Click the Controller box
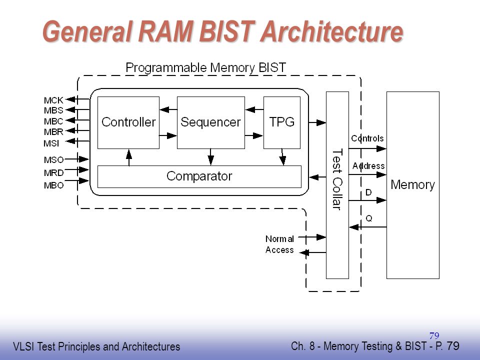click(x=128, y=123)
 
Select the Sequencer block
click(x=211, y=123)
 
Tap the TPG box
click(x=282, y=123)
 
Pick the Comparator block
click(x=199, y=176)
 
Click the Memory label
click(x=412, y=185)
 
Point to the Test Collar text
click(x=337, y=179)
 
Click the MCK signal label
click(x=53, y=100)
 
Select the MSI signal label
click(x=51, y=143)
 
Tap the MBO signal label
click(x=54, y=185)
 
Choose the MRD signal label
click(x=54, y=173)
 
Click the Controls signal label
click(x=367, y=138)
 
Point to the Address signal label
click(x=368, y=166)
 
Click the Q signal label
click(x=369, y=218)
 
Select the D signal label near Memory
click(x=368, y=192)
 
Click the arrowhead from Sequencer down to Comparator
click(x=210, y=160)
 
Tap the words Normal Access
click(x=279, y=244)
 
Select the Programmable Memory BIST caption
click(x=205, y=67)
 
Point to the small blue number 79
click(x=434, y=336)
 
